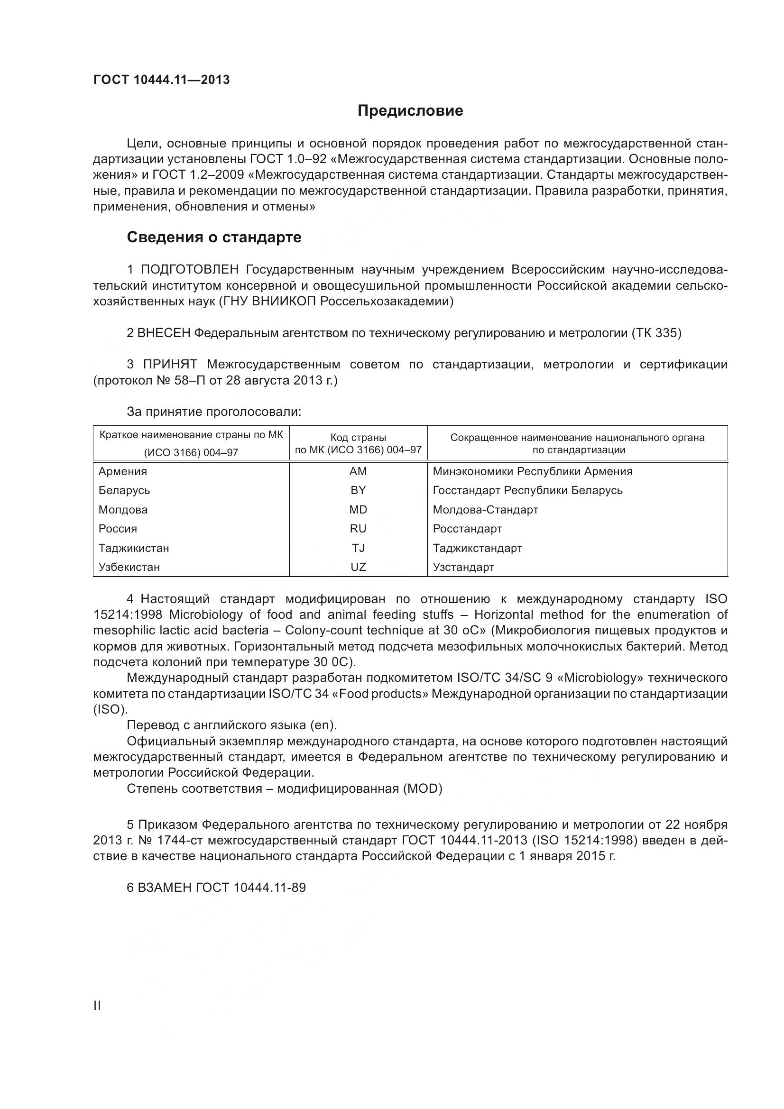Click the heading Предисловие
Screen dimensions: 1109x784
tap(410, 111)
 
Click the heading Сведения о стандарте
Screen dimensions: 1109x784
tap(214, 237)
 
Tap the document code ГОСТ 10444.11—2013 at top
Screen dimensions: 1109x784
tap(161, 80)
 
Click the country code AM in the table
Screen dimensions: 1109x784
tap(358, 471)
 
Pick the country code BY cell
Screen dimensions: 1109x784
tap(358, 490)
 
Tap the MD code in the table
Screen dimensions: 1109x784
tap(358, 510)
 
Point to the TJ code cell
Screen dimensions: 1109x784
tap(358, 548)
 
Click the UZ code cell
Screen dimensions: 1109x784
tap(358, 567)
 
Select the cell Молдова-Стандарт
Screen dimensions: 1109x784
tap(485, 510)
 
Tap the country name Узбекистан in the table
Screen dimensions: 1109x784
tap(129, 567)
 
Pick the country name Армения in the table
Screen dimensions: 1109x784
tap(123, 471)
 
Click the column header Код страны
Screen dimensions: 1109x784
tap(358, 438)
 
